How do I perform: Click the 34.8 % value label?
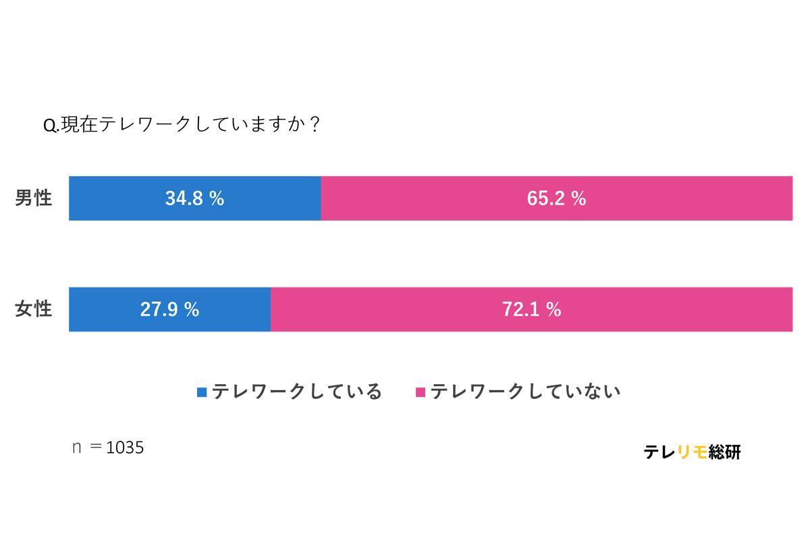194,198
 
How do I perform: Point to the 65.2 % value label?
556,198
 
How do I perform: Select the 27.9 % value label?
169,309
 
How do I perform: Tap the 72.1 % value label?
531,309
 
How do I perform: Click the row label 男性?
34,198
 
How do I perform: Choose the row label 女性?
34,309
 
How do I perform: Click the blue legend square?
202,392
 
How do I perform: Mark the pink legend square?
421,392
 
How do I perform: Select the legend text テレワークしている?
297,391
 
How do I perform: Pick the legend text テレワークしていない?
525,391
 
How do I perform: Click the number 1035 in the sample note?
125,448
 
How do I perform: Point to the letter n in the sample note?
77,448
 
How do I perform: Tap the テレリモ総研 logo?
692,452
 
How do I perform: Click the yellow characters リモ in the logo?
692,452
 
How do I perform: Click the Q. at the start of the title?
51,126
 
